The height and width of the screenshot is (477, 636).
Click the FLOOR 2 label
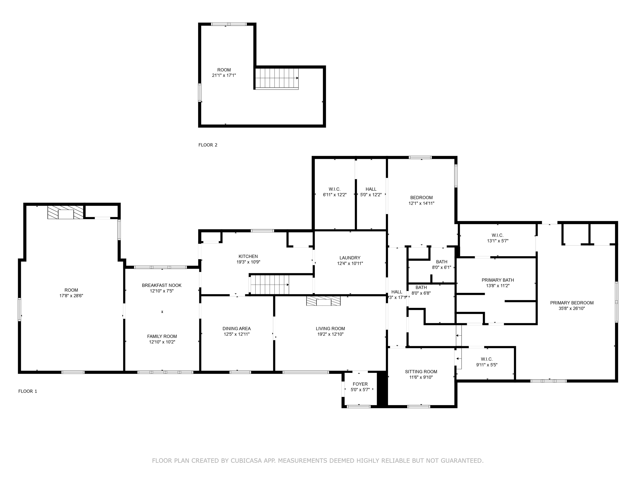pyautogui.click(x=208, y=145)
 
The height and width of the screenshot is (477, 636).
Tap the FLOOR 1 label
pyautogui.click(x=28, y=391)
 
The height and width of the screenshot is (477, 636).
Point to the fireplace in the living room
pyautogui.click(x=323, y=301)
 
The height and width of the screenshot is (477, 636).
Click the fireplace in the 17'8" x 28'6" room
pyautogui.click(x=66, y=212)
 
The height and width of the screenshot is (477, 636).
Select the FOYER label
pyautogui.click(x=360, y=384)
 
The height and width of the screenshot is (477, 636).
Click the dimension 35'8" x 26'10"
pyautogui.click(x=572, y=308)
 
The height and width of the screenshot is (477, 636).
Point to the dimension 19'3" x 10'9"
pyautogui.click(x=248, y=262)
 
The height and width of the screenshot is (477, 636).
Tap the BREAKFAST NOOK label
pyautogui.click(x=161, y=285)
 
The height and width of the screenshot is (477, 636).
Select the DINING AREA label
pyautogui.click(x=237, y=329)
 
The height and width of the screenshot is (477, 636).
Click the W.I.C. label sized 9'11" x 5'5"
pyautogui.click(x=487, y=359)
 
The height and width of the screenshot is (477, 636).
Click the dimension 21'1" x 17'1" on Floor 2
pyautogui.click(x=224, y=75)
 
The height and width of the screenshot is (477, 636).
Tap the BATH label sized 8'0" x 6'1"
pyautogui.click(x=442, y=262)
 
